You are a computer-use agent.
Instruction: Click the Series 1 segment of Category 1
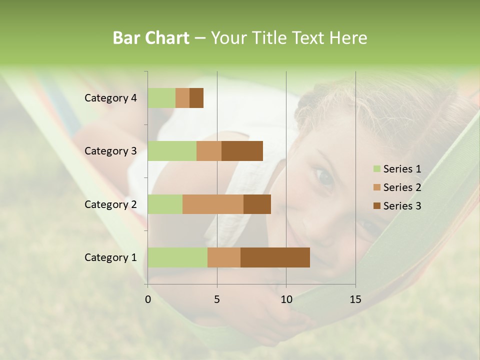[177, 257]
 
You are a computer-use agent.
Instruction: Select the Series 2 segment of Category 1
[224, 257]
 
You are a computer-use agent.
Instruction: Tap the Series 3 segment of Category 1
[275, 257]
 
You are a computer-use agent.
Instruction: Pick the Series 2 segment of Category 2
[213, 204]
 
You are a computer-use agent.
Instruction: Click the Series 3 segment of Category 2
[257, 204]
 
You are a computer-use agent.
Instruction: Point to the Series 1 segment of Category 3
[172, 151]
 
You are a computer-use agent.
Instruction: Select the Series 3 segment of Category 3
[242, 151]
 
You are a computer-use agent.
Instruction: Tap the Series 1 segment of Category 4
[161, 98]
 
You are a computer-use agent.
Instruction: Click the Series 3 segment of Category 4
[196, 98]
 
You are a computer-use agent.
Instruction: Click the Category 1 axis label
[110, 257]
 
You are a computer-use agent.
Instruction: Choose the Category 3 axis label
[110, 151]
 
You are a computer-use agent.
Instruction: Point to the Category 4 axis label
[110, 98]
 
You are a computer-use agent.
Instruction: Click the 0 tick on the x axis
[148, 299]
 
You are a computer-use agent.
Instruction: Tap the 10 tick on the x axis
[286, 299]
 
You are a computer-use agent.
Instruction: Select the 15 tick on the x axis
[355, 299]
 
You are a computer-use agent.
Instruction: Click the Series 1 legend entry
[397, 169]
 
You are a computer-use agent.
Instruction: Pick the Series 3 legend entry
[397, 206]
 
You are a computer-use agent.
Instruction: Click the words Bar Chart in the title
[151, 38]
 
